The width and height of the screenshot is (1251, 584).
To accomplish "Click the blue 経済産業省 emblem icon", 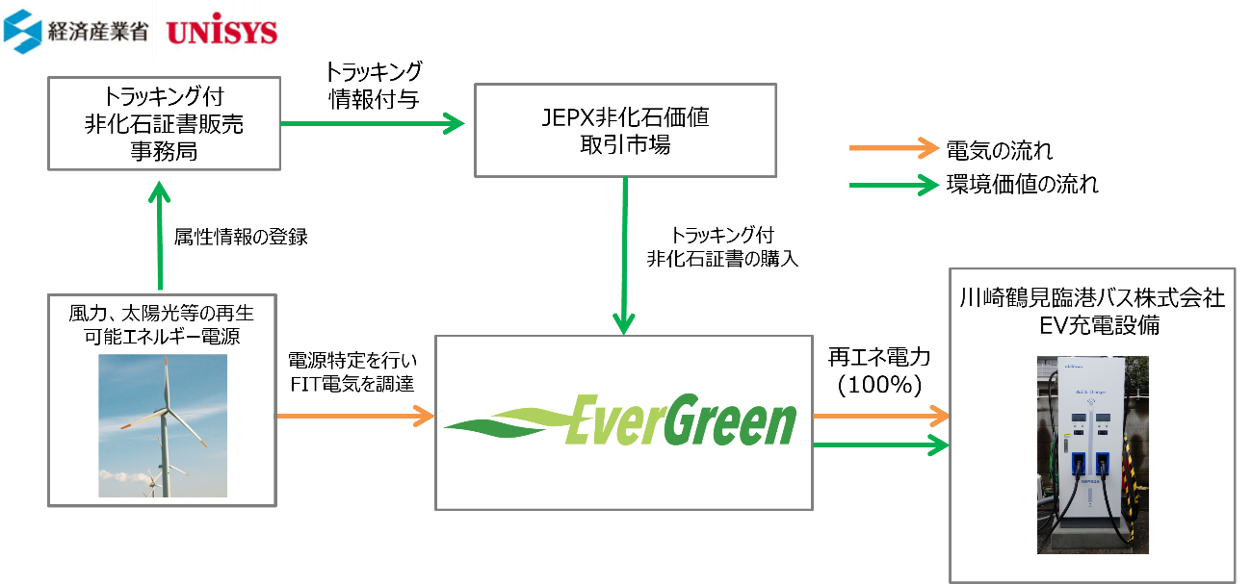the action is point(22,31).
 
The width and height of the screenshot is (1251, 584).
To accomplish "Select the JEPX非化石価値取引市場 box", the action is point(625,131).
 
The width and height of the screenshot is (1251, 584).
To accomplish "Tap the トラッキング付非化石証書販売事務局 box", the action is point(164,123).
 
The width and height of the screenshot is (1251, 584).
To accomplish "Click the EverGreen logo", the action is point(621,419).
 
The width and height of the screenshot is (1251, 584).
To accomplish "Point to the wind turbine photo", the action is point(163,425).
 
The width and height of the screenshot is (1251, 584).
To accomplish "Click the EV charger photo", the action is point(1092,454).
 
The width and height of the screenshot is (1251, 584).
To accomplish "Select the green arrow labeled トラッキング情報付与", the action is point(373,123).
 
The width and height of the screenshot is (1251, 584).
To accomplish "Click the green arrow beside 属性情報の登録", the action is point(160,236).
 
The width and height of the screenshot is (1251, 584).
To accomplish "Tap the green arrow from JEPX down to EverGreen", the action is point(624,256).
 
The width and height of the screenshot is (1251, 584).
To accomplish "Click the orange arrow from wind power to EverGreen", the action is point(355,416).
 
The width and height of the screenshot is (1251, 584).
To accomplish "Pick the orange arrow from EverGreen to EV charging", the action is point(881,416).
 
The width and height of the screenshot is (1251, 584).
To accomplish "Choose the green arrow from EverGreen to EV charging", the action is point(881,445).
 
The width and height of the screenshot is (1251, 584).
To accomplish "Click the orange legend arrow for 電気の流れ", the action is point(894,148).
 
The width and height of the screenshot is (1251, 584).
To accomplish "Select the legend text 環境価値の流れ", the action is point(1022,184).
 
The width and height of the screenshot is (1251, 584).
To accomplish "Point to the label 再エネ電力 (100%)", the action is point(879,371).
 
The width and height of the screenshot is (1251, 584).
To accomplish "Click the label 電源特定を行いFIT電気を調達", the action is point(352,372).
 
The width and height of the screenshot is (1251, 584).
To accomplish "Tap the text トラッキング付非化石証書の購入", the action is point(722,246).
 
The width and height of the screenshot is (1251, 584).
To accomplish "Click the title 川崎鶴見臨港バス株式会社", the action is point(1092,298).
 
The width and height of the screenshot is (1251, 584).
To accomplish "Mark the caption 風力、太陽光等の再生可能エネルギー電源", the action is point(162,324).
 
